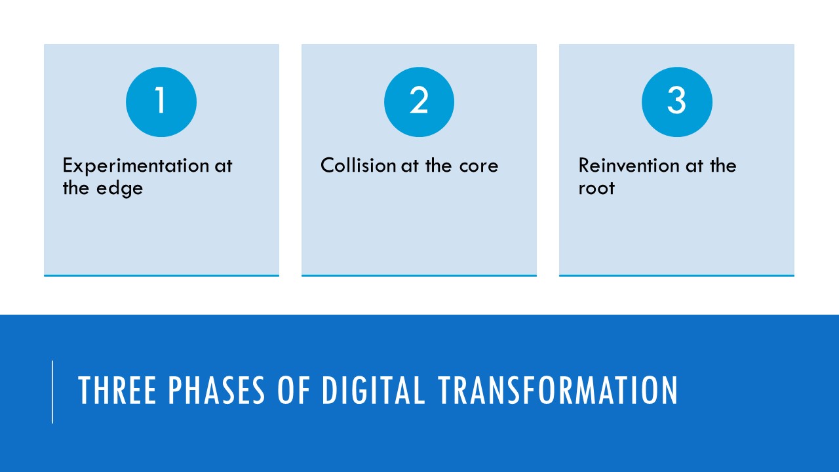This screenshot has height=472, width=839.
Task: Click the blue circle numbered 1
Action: pyautogui.click(x=161, y=102)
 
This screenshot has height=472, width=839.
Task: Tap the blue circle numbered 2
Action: pyautogui.click(x=419, y=102)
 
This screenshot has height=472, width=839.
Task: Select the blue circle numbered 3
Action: pyautogui.click(x=676, y=102)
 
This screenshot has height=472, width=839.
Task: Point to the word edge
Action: pyautogui.click(x=120, y=189)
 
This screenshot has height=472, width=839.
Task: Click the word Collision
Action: pyautogui.click(x=358, y=165)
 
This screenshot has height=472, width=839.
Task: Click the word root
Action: pyautogui.click(x=596, y=189)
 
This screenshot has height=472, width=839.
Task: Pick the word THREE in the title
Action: pyautogui.click(x=118, y=391)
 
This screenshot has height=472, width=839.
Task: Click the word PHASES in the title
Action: pyautogui.click(x=217, y=391)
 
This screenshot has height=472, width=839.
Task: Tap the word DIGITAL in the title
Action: pyautogui.click(x=373, y=391)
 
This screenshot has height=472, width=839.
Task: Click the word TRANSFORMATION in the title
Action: pyautogui.click(x=557, y=391)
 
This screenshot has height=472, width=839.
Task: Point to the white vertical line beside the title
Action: pyautogui.click(x=52, y=391)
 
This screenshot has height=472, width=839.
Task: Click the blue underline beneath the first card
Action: pyautogui.click(x=161, y=275)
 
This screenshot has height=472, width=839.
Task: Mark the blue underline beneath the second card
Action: pyautogui.click(x=419, y=275)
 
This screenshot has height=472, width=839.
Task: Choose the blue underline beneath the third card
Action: pyautogui.click(x=676, y=275)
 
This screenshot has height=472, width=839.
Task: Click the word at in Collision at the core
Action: pyautogui.click(x=410, y=165)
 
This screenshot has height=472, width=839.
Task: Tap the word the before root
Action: pyautogui.click(x=722, y=165)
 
